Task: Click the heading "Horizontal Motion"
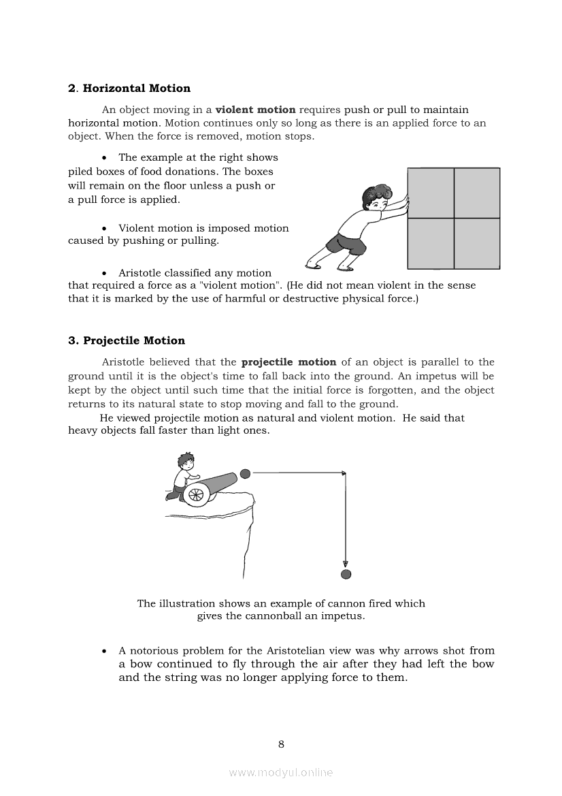pos(136,89)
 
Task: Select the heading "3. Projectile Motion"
pos(127,340)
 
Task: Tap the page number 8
pos(281,744)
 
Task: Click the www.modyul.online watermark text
pos(281,772)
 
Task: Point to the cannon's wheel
pos(195,494)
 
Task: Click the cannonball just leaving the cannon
pos(246,473)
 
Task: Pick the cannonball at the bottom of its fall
pos(346,575)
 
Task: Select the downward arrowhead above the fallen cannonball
pos(346,564)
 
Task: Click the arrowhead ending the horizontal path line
pos(344,473)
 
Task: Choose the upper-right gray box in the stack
pos(477,193)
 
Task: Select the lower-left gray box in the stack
pos(431,243)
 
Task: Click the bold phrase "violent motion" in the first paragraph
pos(256,110)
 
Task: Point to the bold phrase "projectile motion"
pos(288,362)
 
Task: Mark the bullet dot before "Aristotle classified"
pos(104,273)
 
